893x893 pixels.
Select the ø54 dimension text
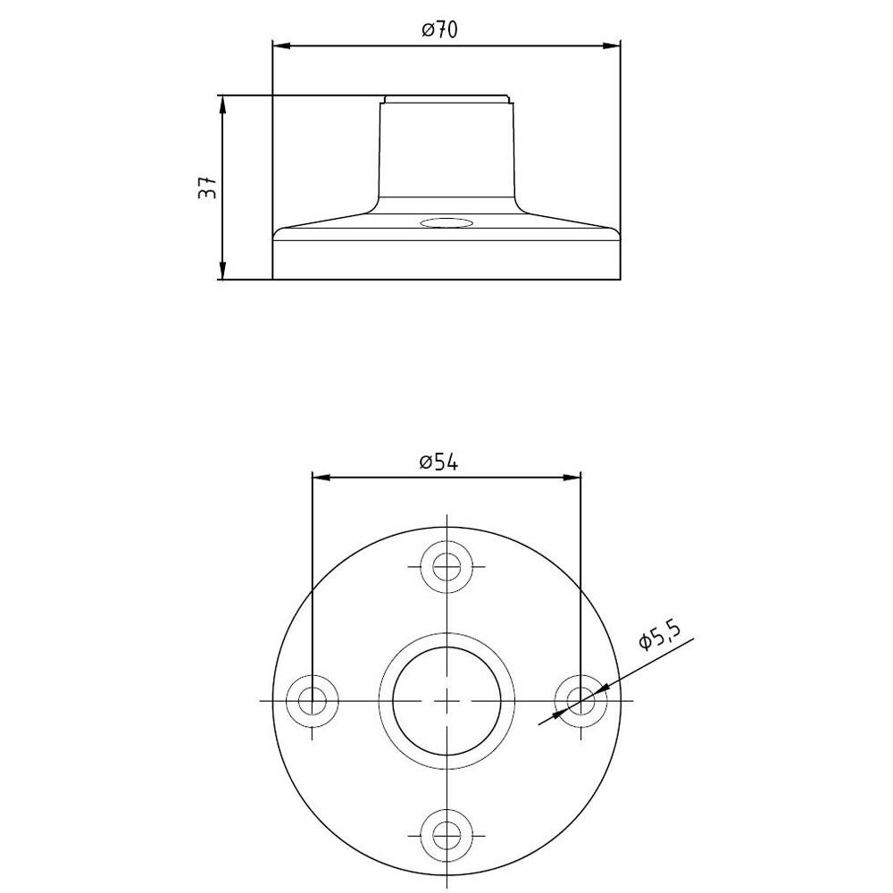point(438,463)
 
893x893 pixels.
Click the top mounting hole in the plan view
point(446,566)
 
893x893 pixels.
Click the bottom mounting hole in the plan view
point(446,834)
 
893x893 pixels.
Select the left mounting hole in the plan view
point(312,700)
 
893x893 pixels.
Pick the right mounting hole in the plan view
point(580,700)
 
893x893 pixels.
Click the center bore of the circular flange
point(446,700)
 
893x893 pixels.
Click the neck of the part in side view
point(446,152)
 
